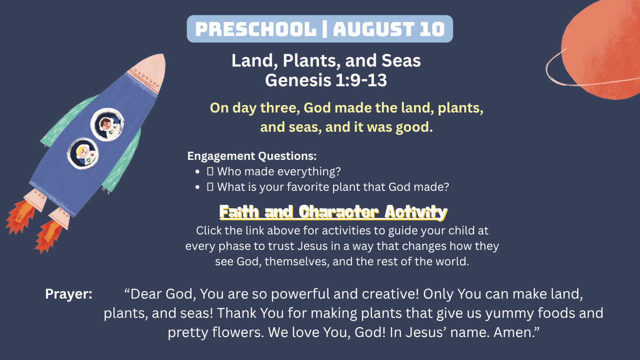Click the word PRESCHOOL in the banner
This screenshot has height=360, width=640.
(256, 29)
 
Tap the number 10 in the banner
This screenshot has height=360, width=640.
(432, 29)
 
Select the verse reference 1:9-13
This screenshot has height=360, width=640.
(361, 80)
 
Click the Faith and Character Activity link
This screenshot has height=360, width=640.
(334, 212)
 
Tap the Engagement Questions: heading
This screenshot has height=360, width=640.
(252, 156)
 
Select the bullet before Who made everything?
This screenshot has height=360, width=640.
(197, 172)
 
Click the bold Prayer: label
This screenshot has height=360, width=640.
(68, 294)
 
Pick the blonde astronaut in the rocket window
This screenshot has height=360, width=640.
(84, 154)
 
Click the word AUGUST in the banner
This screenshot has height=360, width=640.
(374, 29)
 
